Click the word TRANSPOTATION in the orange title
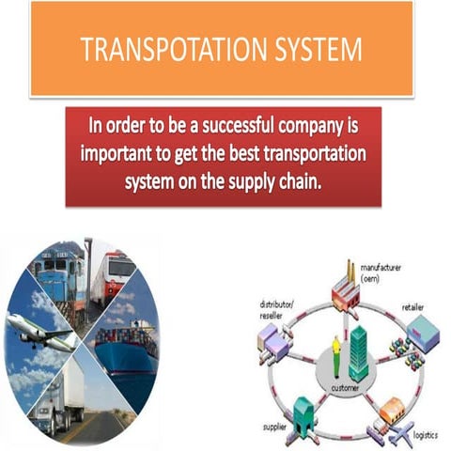pyautogui.click(x=165, y=50)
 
